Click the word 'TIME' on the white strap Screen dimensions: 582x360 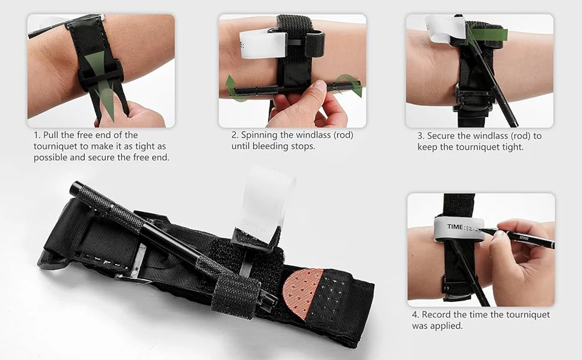click(x=455, y=227)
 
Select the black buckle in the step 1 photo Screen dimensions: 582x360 click(x=101, y=74)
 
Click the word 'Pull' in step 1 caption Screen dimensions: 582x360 click(x=51, y=135)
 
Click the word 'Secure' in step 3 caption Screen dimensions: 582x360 click(x=442, y=136)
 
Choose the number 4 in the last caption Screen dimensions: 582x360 click(x=415, y=315)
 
